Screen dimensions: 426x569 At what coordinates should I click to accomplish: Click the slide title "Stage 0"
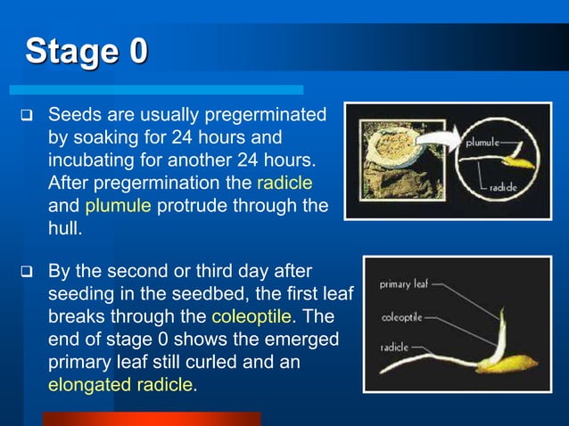pos(87,51)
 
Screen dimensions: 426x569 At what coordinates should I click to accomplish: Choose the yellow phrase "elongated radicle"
pos(120,385)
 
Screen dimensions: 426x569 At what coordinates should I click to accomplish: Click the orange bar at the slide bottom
pos(152,419)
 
